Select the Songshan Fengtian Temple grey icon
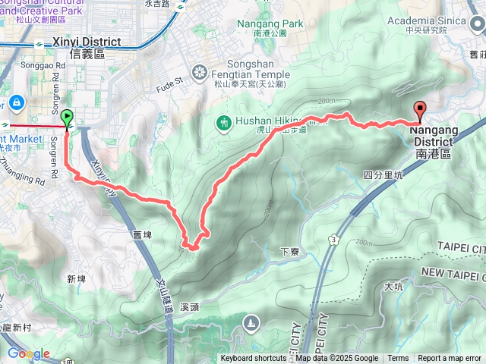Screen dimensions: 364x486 pos(200,74)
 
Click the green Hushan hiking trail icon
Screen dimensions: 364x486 pos(224,121)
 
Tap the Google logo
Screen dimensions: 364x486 pos(28,354)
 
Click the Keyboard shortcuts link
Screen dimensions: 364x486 pos(254,359)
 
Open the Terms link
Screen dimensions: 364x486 pos(398,359)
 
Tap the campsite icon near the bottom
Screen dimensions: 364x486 pos(250,325)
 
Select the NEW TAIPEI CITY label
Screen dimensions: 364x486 pos(453,272)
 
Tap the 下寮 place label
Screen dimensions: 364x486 pos(287,251)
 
